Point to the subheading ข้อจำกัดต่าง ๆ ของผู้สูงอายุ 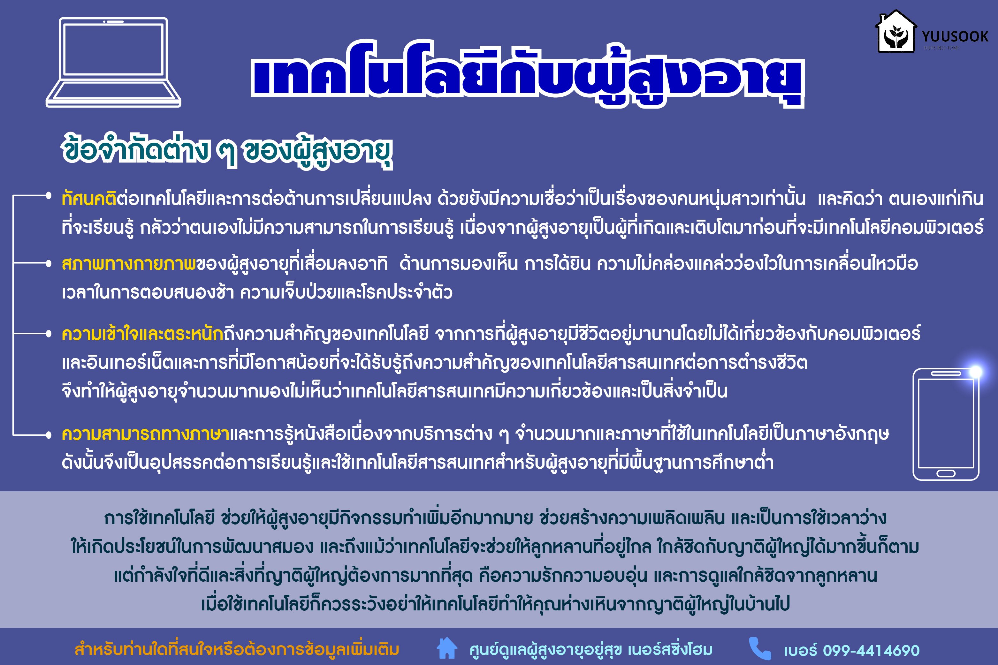point(227,151)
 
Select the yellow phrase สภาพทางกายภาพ point(129,263)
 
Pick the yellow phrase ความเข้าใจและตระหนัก point(142,334)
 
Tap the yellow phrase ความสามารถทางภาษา point(146,434)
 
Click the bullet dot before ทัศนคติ point(49,195)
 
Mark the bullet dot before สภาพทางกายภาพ point(49,263)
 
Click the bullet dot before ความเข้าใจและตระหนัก point(49,334)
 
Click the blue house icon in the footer point(447,648)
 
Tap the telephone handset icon point(760,648)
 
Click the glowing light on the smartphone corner point(976,372)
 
